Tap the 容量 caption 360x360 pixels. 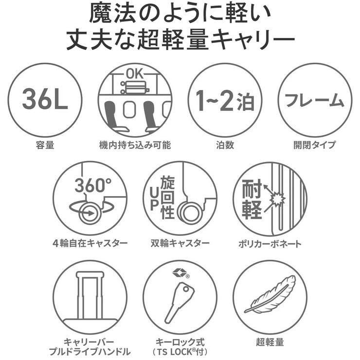(45, 145)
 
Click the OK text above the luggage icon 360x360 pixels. (135, 74)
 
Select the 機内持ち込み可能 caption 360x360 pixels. (135, 145)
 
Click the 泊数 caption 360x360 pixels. (224, 145)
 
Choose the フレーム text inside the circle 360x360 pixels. (314, 101)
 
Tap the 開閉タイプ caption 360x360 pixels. (314, 145)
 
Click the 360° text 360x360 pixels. (93, 185)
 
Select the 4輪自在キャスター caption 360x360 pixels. (90, 243)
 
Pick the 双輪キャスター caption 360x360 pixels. (180, 243)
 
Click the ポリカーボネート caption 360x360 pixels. (270, 243)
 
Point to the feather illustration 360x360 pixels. (270, 294)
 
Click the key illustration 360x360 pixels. (178, 302)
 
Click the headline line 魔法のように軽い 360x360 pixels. (180, 14)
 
